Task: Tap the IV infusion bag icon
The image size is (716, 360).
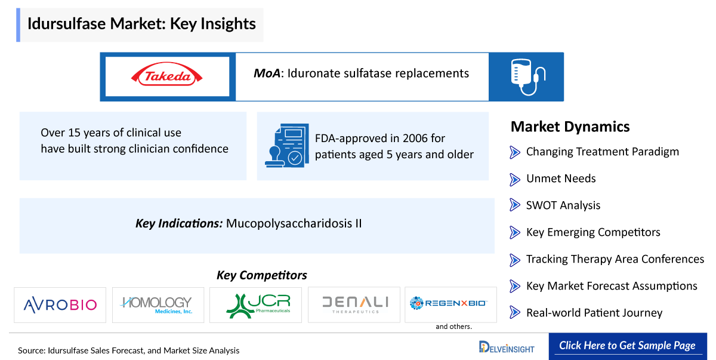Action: click(x=528, y=77)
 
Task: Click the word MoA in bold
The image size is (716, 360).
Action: click(x=267, y=73)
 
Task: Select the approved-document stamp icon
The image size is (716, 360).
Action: click(x=287, y=145)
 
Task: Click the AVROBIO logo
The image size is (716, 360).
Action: click(x=60, y=304)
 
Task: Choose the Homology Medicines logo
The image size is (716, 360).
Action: click(x=156, y=304)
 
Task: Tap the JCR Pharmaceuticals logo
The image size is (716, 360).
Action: click(x=258, y=306)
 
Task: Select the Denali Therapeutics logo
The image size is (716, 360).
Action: click(x=355, y=304)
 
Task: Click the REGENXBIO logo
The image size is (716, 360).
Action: click(x=449, y=303)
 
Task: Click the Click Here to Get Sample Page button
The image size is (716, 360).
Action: click(x=628, y=346)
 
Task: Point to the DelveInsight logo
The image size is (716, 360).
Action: click(x=507, y=347)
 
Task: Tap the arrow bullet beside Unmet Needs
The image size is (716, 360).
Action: click(x=514, y=179)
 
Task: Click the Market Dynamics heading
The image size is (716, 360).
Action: click(x=570, y=127)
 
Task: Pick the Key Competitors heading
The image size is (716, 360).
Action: click(x=262, y=275)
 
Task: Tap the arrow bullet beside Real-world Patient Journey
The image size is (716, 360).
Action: click(x=514, y=312)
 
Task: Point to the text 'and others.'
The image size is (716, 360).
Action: click(x=454, y=327)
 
